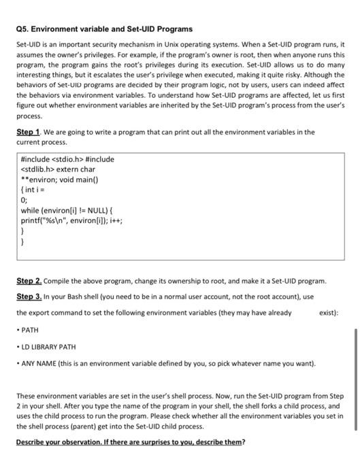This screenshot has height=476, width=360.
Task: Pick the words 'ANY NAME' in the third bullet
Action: (x=40, y=364)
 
